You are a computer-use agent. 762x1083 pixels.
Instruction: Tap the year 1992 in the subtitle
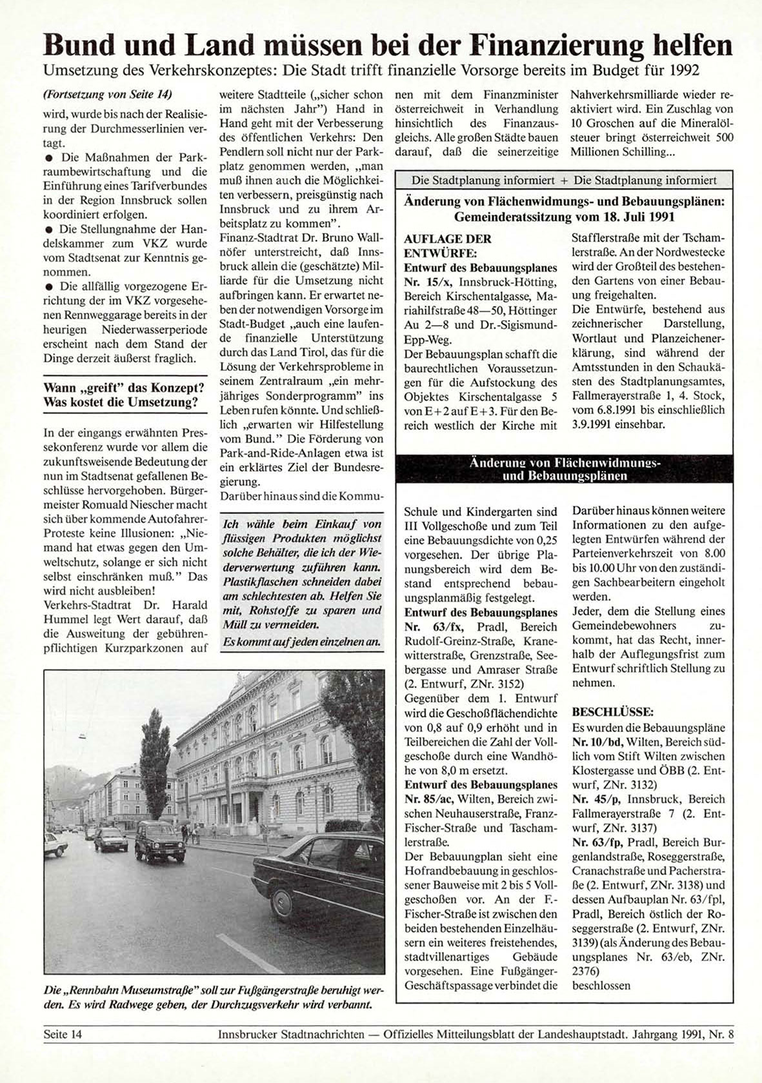tap(684, 70)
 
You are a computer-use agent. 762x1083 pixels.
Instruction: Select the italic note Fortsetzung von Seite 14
tap(107, 95)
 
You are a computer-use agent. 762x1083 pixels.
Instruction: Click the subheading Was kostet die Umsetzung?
tap(121, 402)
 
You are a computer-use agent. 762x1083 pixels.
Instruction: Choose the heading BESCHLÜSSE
tap(613, 712)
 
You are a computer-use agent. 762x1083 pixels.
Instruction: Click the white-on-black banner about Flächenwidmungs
tap(565, 470)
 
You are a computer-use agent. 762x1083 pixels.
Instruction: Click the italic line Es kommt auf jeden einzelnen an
tap(300, 642)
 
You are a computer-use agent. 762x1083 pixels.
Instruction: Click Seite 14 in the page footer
tap(63, 1034)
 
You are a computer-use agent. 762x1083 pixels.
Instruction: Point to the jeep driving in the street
tap(160, 840)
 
